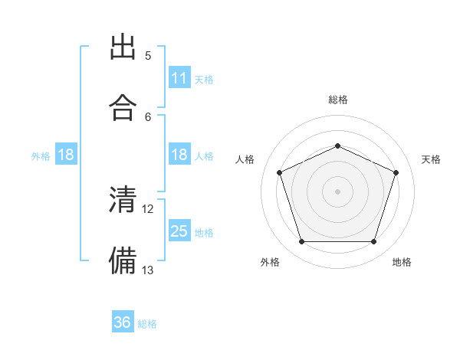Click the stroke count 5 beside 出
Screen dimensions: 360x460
pyautogui.click(x=148, y=56)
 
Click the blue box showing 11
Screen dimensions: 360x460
pyautogui.click(x=179, y=78)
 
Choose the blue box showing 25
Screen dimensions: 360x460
pyautogui.click(x=179, y=231)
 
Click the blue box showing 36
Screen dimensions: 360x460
pyautogui.click(x=123, y=323)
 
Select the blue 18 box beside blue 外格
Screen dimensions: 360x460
pyautogui.click(x=66, y=155)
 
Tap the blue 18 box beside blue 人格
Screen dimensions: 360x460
pyautogui.click(x=179, y=155)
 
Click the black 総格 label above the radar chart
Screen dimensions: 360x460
pyautogui.click(x=338, y=100)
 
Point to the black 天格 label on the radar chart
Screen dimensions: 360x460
pyautogui.click(x=432, y=159)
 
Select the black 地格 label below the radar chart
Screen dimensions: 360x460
pyautogui.click(x=402, y=262)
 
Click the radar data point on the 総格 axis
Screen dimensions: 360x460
pyautogui.click(x=337, y=146)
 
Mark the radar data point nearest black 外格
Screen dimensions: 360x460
pyautogui.click(x=301, y=242)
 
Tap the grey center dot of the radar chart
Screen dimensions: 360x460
pyautogui.click(x=337, y=191)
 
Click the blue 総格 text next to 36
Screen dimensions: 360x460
pyautogui.click(x=148, y=324)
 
